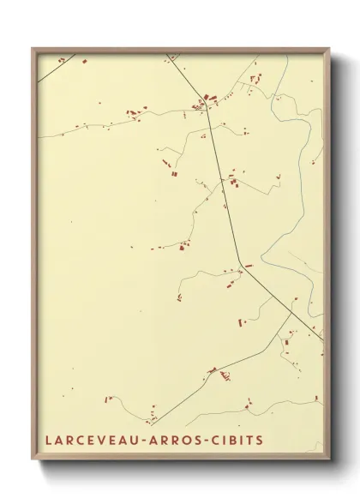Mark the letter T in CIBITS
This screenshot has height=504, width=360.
[250, 441]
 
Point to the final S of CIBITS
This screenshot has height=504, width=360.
[260, 441]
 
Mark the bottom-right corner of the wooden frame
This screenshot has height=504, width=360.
[330, 460]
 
